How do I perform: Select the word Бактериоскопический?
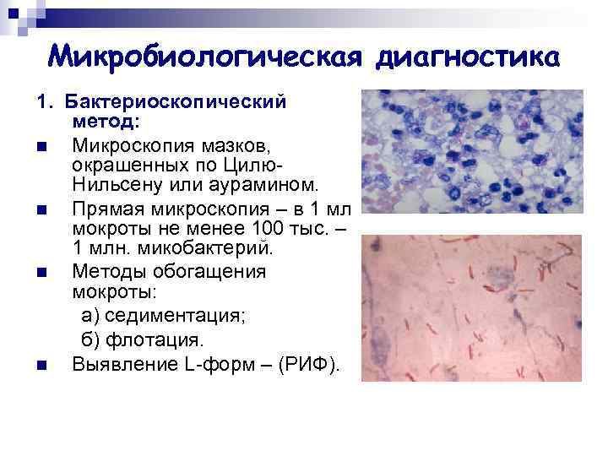[179, 102]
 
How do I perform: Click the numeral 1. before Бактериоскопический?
[42, 102]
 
